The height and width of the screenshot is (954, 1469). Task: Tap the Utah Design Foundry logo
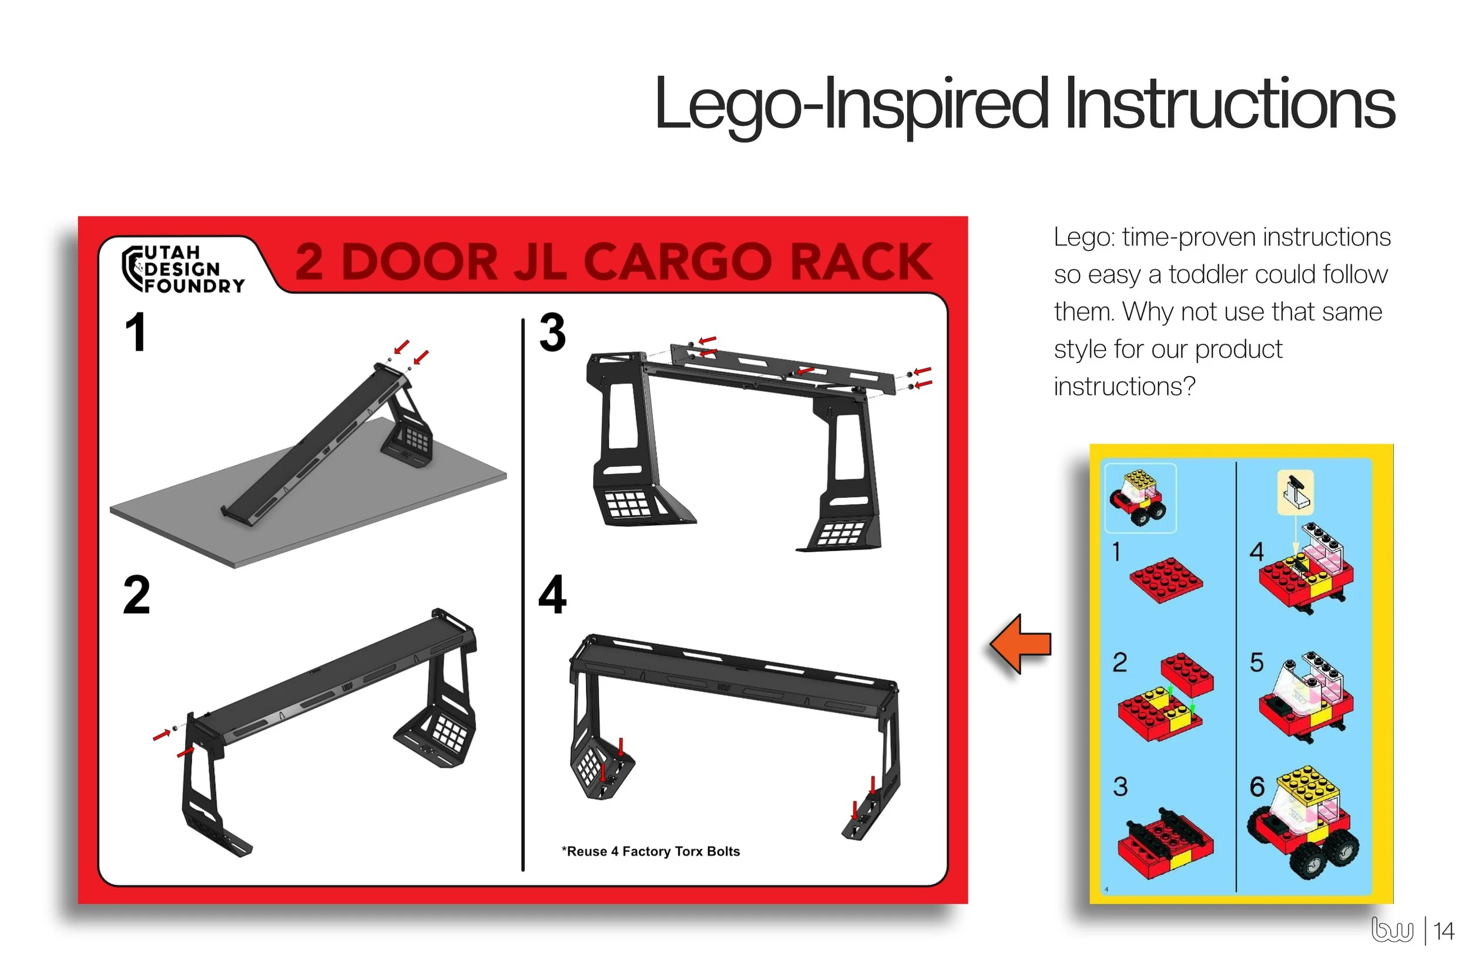coord(183,269)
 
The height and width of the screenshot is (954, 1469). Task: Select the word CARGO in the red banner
coord(676,261)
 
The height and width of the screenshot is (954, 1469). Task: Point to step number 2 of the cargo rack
coord(136,594)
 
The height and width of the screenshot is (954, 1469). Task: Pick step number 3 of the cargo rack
coord(552,332)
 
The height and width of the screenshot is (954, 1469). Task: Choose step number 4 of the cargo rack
coord(552,594)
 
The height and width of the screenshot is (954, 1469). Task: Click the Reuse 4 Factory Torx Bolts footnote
coord(650,852)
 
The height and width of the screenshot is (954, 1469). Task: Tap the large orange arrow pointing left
coord(1019,644)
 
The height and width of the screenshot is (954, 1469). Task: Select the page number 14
coord(1444,931)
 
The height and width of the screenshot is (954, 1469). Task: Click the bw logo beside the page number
coord(1392,929)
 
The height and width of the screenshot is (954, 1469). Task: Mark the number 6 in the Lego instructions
coord(1257,787)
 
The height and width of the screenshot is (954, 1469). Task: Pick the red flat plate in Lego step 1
coord(1166,580)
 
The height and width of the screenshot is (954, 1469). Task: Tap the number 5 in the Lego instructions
coord(1257,663)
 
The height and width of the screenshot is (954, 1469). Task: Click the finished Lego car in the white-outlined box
coord(1138,498)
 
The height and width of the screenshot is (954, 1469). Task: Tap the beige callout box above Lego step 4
coord(1295,492)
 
